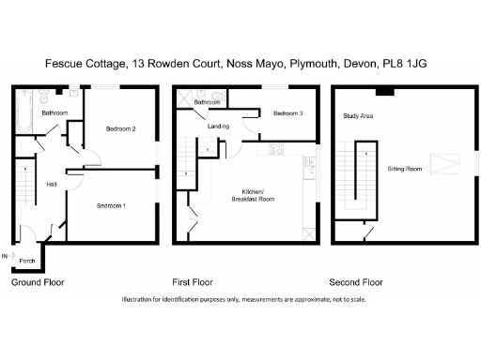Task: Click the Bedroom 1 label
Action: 111,204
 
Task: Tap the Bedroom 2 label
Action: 121,128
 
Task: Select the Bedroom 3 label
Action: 288,113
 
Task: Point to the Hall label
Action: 52,184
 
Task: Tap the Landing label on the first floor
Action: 218,126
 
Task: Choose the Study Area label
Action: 358,116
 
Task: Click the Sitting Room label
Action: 404,170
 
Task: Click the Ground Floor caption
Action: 38,281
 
